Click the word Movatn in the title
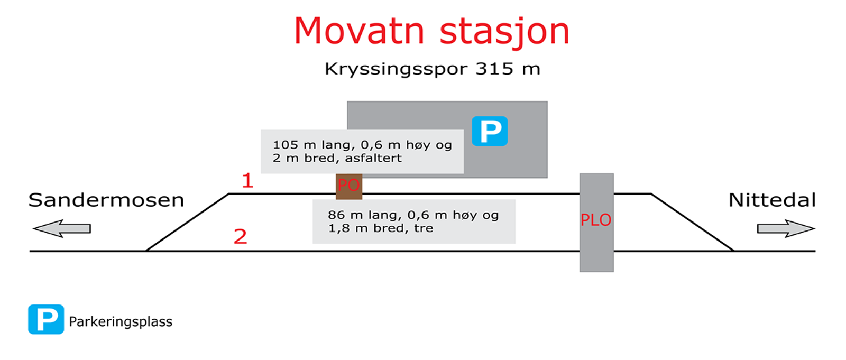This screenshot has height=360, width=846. tap(359, 31)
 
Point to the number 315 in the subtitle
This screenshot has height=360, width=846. tap(494, 69)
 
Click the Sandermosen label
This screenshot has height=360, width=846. tap(106, 200)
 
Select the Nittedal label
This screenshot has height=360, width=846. tap(772, 200)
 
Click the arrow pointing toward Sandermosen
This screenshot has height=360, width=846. tap(61, 228)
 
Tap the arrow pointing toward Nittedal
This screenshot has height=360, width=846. tap(786, 228)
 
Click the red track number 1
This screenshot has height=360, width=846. tap(247, 181)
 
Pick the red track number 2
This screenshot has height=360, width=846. tap(240, 237)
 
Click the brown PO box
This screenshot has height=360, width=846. tap(349, 187)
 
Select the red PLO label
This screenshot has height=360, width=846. tap(595, 220)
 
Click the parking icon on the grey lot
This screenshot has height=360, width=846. tap(490, 131)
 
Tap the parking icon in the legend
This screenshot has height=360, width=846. tap(46, 319)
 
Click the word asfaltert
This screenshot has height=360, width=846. tap(373, 158)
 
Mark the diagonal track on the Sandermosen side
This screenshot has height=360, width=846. tap(187, 222)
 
